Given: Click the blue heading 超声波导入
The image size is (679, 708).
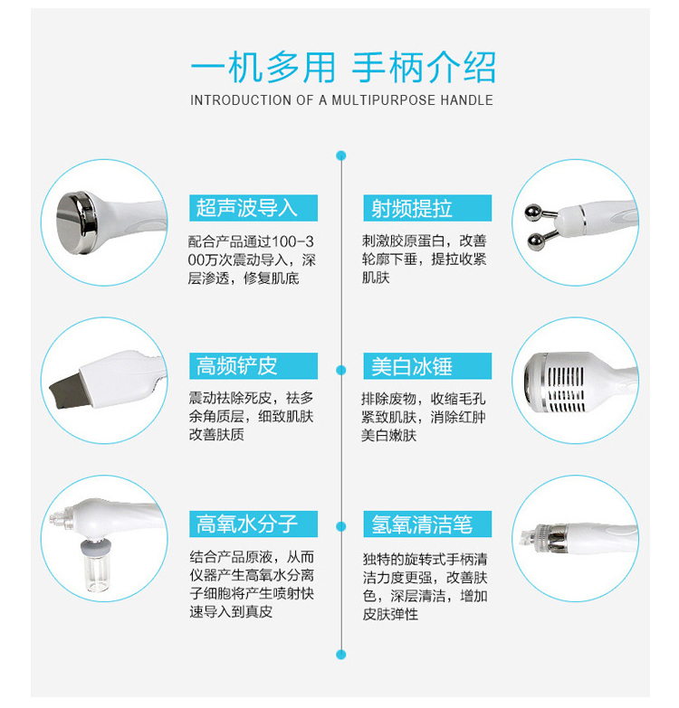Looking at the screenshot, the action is coord(246,208).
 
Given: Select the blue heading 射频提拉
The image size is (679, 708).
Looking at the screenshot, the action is coord(411,208).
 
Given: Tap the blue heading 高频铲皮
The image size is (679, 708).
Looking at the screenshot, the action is coord(236,365).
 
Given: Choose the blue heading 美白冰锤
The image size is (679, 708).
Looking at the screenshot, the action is coord(411,365).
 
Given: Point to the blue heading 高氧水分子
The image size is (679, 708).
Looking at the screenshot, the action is coord(246,524).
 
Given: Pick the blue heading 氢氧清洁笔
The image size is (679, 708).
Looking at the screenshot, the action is coord(421,524).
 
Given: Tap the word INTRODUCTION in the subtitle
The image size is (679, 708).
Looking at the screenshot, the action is coord(241,99).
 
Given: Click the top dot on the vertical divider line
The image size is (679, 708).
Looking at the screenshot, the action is coord(341,156).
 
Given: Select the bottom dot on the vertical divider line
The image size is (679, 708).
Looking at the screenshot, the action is coord(341,655).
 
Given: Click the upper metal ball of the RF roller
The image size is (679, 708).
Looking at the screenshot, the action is coord(533,212).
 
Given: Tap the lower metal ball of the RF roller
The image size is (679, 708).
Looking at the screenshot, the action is coord(536,241).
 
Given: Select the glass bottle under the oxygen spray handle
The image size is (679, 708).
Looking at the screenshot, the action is coord(96,572).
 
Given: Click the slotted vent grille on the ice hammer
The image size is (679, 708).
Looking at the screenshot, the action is coord(566,388).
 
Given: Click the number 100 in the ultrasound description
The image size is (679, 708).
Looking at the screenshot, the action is coord(284,242).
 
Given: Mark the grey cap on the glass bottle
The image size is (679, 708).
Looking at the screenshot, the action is coord(96,548).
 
